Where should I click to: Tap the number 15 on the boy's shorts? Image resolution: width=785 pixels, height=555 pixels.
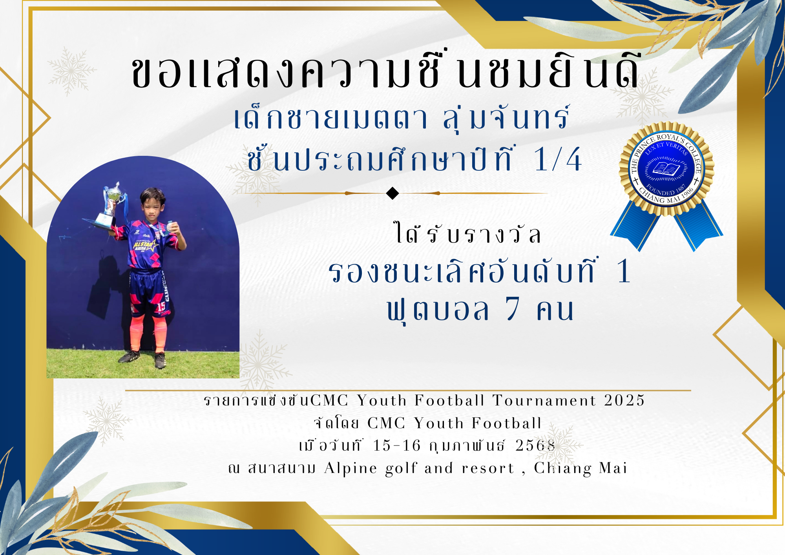(x=161, y=307)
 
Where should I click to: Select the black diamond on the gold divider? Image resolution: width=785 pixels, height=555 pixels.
(x=392, y=193)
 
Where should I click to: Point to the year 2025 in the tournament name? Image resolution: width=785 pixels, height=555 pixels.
(x=624, y=400)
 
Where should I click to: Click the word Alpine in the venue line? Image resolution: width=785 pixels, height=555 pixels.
(x=351, y=469)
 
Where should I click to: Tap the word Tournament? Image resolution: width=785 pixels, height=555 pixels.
(x=544, y=400)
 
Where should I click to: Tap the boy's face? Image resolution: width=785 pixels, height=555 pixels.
(x=153, y=206)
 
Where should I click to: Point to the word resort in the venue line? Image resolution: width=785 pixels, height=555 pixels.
(x=488, y=468)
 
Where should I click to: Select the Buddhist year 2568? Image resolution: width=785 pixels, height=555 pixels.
(x=535, y=445)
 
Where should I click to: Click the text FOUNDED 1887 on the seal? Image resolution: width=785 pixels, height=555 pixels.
(x=666, y=190)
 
